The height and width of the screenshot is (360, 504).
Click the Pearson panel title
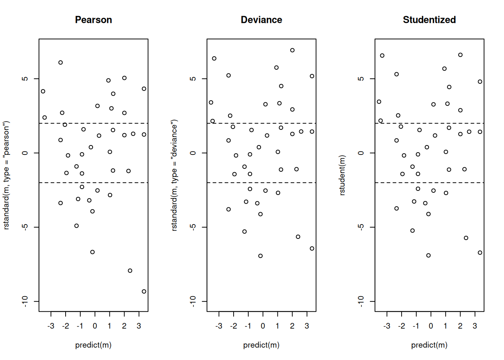pos(93,20)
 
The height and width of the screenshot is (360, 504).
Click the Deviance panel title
pos(261,20)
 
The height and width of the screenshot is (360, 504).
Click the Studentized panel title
pos(429,20)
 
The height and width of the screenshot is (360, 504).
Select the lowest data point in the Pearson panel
pos(144,291)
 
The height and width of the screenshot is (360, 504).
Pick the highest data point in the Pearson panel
pos(61,63)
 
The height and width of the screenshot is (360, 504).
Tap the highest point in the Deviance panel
pos(292,50)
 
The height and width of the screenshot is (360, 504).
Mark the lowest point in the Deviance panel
pos(261,256)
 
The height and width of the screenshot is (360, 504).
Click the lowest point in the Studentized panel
pos(429,255)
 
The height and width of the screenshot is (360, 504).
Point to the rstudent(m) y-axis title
pos(342,175)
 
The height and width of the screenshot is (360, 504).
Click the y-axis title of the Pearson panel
pos(6,175)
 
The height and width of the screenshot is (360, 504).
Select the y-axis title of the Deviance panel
pos(174,175)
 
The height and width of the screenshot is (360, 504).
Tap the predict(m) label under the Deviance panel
pos(261,345)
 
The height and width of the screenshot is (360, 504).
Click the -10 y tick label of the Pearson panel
pos(25,301)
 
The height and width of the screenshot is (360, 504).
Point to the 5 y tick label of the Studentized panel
pos(361,79)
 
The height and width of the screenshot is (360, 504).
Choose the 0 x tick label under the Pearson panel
pos(95,326)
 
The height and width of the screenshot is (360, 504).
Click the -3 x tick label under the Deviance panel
pos(219,326)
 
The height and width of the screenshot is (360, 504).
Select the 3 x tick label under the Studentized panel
pos(475,326)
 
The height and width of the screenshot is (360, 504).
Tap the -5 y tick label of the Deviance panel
pos(193,227)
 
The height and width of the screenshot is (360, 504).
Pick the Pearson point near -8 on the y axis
pos(130,271)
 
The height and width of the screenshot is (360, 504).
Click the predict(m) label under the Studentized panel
pos(429,345)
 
